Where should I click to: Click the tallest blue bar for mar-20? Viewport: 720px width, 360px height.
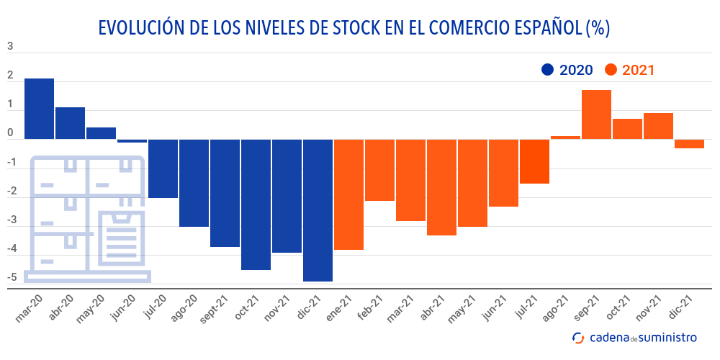[39, 108]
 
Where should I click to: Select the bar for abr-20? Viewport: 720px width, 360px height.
[70, 122]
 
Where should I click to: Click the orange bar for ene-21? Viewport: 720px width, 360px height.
[349, 194]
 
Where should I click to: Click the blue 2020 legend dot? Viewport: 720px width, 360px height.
[547, 70]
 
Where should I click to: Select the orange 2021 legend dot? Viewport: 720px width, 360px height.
[611, 70]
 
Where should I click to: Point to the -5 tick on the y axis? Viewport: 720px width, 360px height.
[10, 277]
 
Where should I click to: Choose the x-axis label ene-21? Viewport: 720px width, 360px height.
[338, 308]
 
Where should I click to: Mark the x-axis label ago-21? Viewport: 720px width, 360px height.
[554, 308]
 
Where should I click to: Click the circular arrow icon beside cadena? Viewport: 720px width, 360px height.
[577, 337]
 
